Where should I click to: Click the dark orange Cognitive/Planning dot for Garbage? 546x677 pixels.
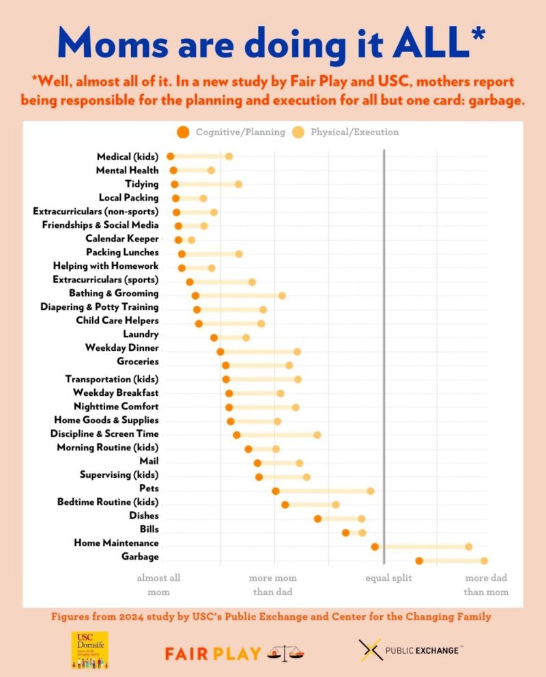pos(419,561)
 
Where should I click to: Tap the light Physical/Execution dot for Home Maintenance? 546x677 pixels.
pos(468,547)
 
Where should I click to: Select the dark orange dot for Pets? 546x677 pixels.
pos(276,491)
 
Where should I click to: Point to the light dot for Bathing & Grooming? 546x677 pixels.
pos(282,296)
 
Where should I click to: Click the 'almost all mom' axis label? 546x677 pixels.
pos(158,585)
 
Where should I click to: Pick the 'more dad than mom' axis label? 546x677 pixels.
pos(486,585)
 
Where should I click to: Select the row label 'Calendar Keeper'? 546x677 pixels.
pos(121,239)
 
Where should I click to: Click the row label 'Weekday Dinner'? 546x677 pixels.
pos(121,348)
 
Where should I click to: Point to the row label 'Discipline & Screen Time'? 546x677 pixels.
pos(104,434)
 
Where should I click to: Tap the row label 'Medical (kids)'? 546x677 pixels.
pos(128,157)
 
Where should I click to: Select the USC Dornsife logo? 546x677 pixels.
pos(90,650)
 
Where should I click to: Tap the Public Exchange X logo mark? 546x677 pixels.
pos(370,650)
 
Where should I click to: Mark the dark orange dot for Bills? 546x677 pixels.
pos(346,532)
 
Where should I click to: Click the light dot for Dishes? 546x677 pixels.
pos(361,519)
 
